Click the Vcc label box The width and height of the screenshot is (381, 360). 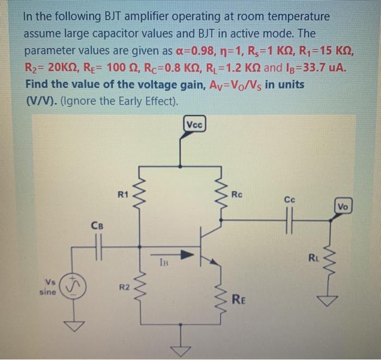194,124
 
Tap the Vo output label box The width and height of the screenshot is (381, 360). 343,206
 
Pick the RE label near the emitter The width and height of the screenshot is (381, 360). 239,298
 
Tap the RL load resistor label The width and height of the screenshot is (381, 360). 314,257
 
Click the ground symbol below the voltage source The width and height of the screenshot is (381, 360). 74,327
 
